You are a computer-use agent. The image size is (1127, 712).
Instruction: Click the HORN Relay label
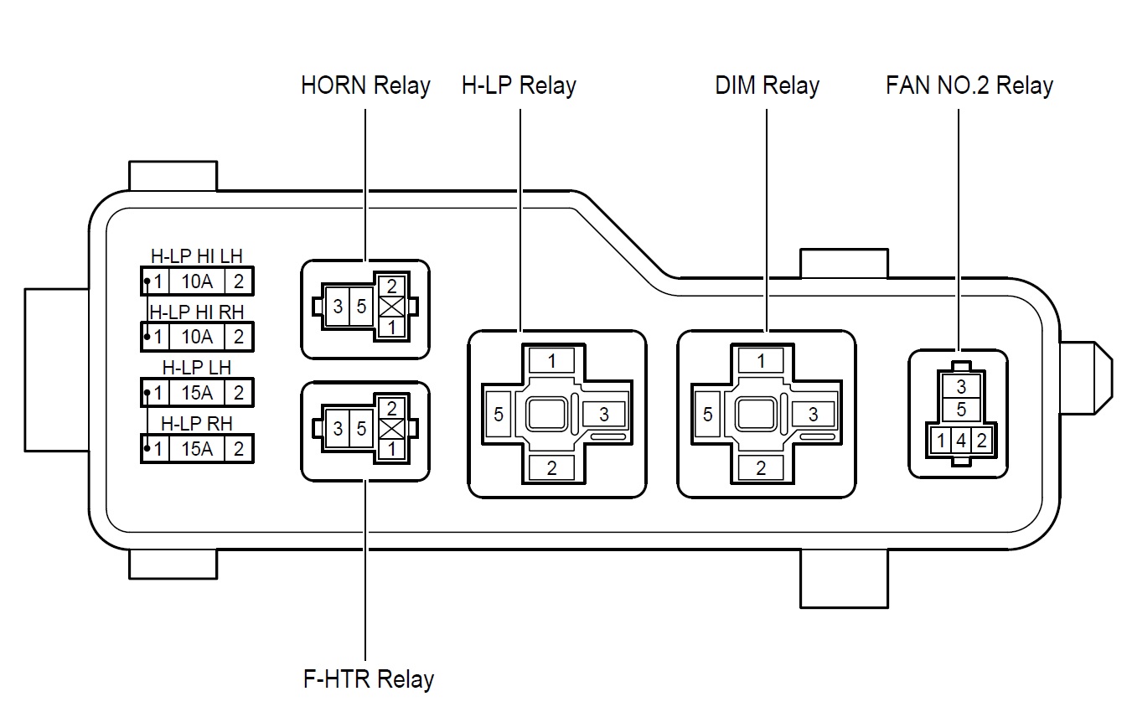[x=365, y=85]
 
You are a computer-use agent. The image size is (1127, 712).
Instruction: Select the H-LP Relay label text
[x=519, y=85]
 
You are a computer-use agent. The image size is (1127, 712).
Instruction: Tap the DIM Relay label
[x=767, y=85]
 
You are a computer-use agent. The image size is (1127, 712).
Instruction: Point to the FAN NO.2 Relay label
[x=969, y=85]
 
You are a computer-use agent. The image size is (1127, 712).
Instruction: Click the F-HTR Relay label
[x=368, y=678]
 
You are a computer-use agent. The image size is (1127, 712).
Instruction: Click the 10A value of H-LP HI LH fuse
[x=197, y=281]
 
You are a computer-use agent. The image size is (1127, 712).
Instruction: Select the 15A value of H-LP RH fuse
[x=197, y=449]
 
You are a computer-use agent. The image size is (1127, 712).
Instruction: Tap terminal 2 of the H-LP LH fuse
[x=239, y=393]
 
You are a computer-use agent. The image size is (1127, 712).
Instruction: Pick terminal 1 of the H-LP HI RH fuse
[x=158, y=337]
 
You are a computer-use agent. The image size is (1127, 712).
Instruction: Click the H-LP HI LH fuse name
[x=197, y=257]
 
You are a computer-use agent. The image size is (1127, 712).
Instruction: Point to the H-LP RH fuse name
[x=197, y=424]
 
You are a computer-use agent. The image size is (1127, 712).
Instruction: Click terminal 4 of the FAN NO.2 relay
[x=961, y=441]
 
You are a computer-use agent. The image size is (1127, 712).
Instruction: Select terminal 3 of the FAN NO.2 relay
[x=961, y=387]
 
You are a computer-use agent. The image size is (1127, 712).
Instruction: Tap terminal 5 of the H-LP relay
[x=499, y=415]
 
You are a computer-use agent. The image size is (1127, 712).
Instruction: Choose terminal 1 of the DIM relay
[x=761, y=361]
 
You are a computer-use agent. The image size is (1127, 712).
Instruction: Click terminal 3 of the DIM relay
[x=813, y=415]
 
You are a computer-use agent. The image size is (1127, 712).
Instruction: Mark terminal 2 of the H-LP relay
[x=551, y=468]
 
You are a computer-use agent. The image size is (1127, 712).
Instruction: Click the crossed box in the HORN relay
[x=390, y=307]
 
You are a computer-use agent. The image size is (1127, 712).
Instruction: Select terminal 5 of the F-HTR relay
[x=361, y=429]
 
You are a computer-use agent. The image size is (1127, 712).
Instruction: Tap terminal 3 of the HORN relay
[x=338, y=307]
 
